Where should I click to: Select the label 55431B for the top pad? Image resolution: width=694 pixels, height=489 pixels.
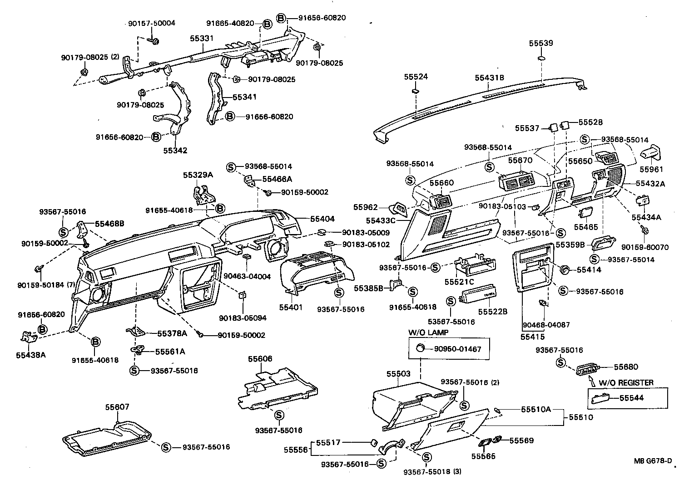[x=490, y=78]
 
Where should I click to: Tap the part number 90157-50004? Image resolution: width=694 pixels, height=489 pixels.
[x=151, y=23]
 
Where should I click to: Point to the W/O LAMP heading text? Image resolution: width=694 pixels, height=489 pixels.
[x=428, y=333]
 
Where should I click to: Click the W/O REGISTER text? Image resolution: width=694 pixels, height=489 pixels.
[x=626, y=382]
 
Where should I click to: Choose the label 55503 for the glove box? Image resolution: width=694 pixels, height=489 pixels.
[x=398, y=374]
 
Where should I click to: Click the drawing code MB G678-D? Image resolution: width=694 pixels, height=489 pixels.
[x=653, y=461]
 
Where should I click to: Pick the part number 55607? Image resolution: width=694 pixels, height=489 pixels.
[x=117, y=407]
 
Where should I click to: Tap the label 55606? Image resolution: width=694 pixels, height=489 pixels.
[x=260, y=359]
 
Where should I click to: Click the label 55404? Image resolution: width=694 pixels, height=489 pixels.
[x=322, y=219]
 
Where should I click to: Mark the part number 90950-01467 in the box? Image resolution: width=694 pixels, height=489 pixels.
[x=457, y=349]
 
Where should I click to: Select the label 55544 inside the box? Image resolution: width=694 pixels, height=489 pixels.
[x=632, y=398]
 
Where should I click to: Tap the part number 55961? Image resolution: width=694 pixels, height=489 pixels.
[x=651, y=169]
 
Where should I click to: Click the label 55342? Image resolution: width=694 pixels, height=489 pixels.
[x=175, y=151]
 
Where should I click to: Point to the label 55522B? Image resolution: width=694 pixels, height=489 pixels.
[x=493, y=312]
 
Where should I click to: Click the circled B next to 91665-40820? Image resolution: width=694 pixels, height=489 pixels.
[x=267, y=24]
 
